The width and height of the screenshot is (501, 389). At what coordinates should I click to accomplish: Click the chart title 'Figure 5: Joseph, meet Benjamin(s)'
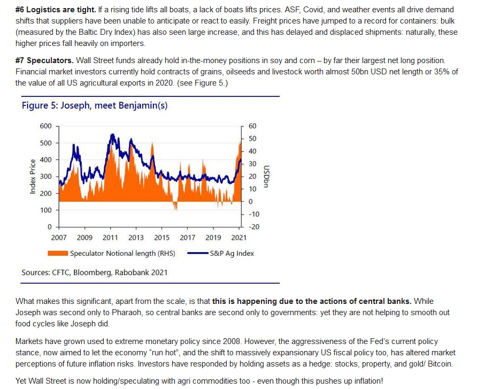click(x=95, y=105)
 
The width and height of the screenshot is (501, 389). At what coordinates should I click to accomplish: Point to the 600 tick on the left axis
click(x=45, y=126)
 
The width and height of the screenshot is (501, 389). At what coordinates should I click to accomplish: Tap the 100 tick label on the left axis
click(x=45, y=210)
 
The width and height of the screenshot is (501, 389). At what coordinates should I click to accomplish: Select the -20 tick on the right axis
click(x=254, y=227)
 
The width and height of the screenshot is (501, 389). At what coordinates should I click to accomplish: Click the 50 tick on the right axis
click(x=252, y=139)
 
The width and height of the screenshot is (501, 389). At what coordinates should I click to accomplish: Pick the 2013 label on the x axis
click(x=136, y=238)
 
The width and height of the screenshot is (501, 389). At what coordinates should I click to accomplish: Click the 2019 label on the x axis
click(x=213, y=238)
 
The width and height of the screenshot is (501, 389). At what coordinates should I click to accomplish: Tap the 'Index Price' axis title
click(x=33, y=177)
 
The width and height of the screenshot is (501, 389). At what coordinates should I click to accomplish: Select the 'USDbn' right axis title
click(x=266, y=176)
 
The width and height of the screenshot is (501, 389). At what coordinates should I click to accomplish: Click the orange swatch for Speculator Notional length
click(x=58, y=253)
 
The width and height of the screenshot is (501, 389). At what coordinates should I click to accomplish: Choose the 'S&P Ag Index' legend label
click(x=232, y=253)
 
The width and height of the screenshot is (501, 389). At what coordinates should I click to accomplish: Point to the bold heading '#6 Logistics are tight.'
click(x=56, y=10)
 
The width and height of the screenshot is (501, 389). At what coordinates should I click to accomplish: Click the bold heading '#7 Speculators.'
click(x=44, y=60)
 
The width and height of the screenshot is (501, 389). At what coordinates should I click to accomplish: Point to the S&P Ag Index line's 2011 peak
click(x=112, y=134)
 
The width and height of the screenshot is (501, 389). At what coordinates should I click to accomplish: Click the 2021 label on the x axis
click(x=239, y=238)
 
